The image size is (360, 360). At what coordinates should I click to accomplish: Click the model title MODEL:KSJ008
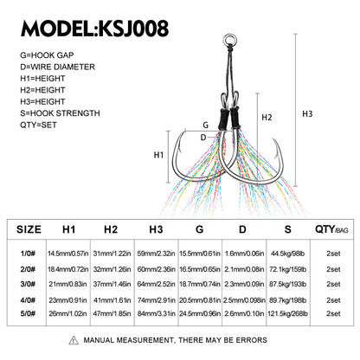(x=95, y=29)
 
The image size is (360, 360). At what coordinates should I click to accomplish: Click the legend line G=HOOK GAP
(x=47, y=55)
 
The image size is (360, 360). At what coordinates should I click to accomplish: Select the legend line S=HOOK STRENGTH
(x=60, y=113)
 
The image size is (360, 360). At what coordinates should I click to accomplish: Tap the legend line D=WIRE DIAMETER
(x=57, y=67)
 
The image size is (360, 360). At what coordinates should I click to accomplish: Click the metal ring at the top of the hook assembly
(x=229, y=39)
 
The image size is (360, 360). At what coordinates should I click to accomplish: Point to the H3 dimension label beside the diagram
(x=307, y=114)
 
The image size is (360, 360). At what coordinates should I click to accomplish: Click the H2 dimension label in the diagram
(x=267, y=118)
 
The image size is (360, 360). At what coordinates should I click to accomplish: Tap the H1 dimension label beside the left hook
(x=158, y=155)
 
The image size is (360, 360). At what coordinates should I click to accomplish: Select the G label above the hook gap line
(x=205, y=125)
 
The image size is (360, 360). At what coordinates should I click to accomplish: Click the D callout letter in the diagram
(x=203, y=138)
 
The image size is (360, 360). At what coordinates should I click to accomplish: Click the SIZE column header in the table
(x=29, y=229)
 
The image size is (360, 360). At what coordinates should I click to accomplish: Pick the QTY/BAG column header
(x=331, y=229)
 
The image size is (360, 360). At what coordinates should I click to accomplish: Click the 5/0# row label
(x=28, y=313)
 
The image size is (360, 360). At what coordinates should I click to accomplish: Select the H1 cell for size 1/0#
(x=68, y=254)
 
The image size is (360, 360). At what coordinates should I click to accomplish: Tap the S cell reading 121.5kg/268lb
(x=287, y=313)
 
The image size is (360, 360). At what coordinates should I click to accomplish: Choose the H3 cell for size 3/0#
(x=156, y=284)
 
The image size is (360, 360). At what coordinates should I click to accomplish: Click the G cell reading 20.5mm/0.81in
(x=200, y=300)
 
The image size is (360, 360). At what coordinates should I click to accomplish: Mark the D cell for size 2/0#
(x=244, y=269)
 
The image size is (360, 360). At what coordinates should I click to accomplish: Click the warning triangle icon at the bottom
(x=74, y=340)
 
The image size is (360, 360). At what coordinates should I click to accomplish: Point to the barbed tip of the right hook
(x=273, y=140)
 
